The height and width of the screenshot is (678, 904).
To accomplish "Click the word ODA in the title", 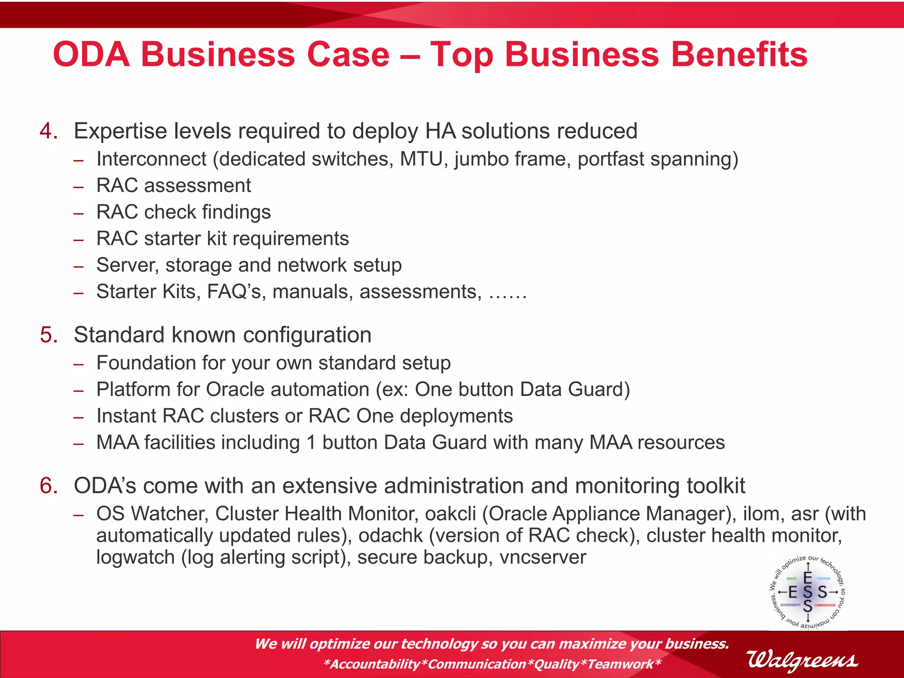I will click(91, 54).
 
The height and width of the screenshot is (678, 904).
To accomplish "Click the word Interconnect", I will click(151, 159).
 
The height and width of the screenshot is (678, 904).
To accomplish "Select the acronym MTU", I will click(421, 159).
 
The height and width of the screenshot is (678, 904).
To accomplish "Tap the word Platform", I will click(133, 389).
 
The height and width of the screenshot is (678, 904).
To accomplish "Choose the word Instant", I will click(126, 416).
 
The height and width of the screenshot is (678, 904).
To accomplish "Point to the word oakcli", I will click(451, 514).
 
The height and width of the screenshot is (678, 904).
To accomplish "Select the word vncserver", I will click(542, 557).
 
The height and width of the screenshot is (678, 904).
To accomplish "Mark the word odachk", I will click(391, 535).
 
